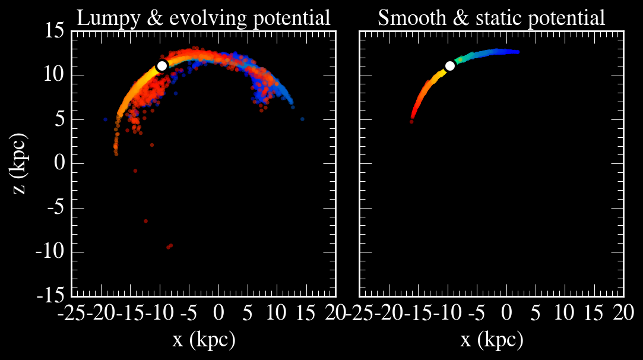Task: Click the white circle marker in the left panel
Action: coord(161,65)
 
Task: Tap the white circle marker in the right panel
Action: coord(449,65)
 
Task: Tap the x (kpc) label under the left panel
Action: coord(204,340)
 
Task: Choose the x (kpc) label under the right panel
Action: coord(492,340)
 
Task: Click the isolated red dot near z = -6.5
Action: coord(145,221)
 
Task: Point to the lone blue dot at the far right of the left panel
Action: coord(302,119)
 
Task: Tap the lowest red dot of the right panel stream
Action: coord(411,121)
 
